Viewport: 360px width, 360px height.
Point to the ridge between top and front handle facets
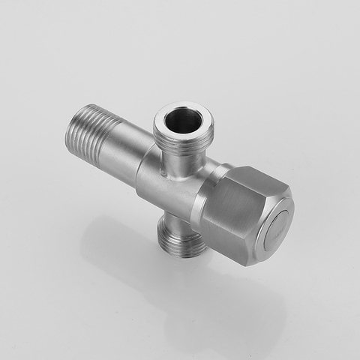coord(240,192)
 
